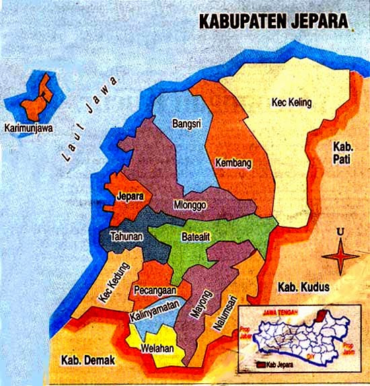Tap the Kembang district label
pyautogui.click(x=233, y=163)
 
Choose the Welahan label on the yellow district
pyautogui.click(x=157, y=348)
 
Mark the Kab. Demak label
pyautogui.click(x=87, y=360)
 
